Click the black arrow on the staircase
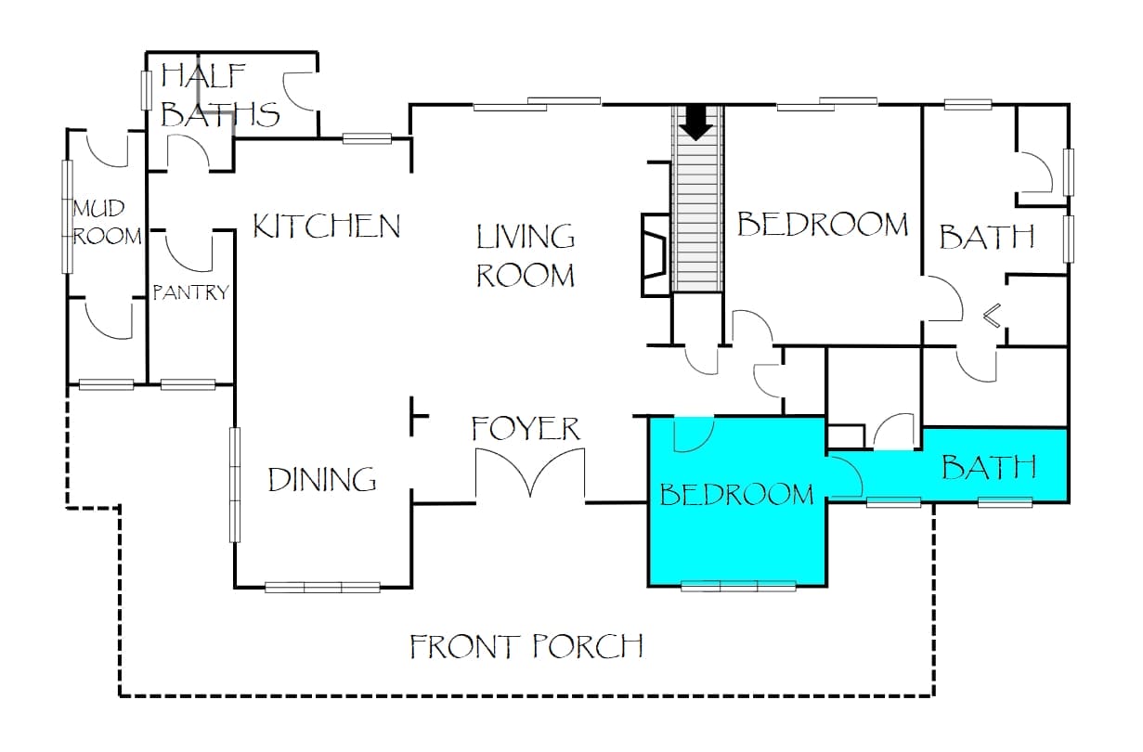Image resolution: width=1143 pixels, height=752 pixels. point(696,123)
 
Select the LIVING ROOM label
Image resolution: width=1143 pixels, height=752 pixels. point(526,255)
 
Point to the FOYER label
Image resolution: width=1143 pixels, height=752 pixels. point(526,428)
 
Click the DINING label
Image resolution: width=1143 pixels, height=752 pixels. point(322,480)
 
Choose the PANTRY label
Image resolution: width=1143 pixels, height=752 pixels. point(191,292)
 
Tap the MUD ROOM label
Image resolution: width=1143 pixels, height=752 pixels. point(107,223)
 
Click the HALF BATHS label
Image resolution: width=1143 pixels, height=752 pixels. point(220,96)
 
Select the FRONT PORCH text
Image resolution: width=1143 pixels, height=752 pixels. point(526,646)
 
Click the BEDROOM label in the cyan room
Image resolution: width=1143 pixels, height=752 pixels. point(737,494)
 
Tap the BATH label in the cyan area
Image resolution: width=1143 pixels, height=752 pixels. point(989,467)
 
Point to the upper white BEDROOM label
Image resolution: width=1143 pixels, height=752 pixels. point(823,224)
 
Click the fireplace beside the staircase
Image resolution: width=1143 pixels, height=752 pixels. point(656,254)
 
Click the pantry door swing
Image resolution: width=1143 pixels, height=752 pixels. point(188,251)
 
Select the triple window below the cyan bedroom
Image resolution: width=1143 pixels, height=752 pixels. point(738,586)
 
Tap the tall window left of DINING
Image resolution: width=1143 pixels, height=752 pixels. point(235,485)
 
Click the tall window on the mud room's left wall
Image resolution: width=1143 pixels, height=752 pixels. point(68,216)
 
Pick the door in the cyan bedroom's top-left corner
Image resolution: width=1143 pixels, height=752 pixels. point(694,434)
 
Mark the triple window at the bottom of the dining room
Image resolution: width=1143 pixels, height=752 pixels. point(322,588)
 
